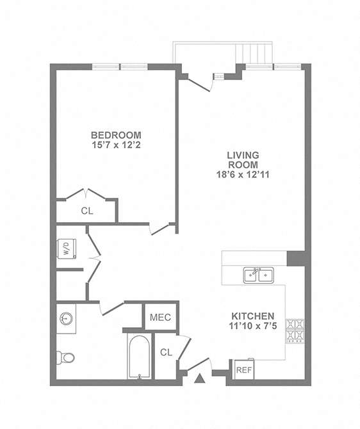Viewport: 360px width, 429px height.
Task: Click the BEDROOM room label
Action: point(115,135)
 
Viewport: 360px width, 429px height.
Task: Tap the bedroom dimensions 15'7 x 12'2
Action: point(115,145)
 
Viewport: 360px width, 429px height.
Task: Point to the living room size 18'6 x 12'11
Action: point(243,174)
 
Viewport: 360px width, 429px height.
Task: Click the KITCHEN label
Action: point(253,316)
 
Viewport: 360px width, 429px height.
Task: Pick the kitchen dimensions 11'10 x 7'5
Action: point(253,327)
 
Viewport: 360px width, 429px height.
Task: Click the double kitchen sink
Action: point(259,275)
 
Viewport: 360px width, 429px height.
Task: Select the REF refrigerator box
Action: point(243,370)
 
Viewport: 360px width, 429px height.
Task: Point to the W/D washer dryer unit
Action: point(67,248)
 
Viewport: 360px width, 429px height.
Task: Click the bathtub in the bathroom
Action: point(138,358)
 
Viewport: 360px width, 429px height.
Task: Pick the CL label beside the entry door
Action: point(166,352)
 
